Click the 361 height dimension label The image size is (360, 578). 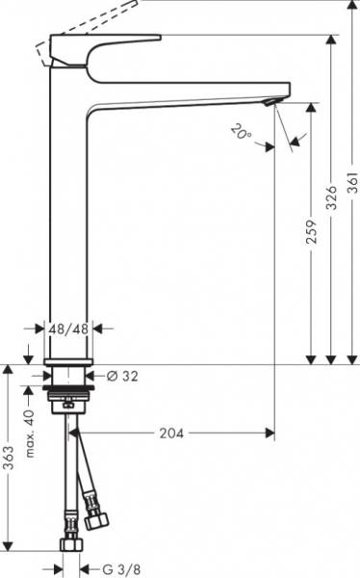[x=352, y=183]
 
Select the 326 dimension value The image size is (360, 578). [x=332, y=197]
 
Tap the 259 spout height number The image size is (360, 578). [x=312, y=231]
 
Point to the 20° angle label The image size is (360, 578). [x=242, y=132]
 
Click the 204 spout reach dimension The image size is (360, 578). [x=171, y=433]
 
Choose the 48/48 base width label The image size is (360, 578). [x=68, y=328]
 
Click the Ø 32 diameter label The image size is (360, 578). [x=122, y=376]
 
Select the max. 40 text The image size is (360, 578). [x=30, y=433]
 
